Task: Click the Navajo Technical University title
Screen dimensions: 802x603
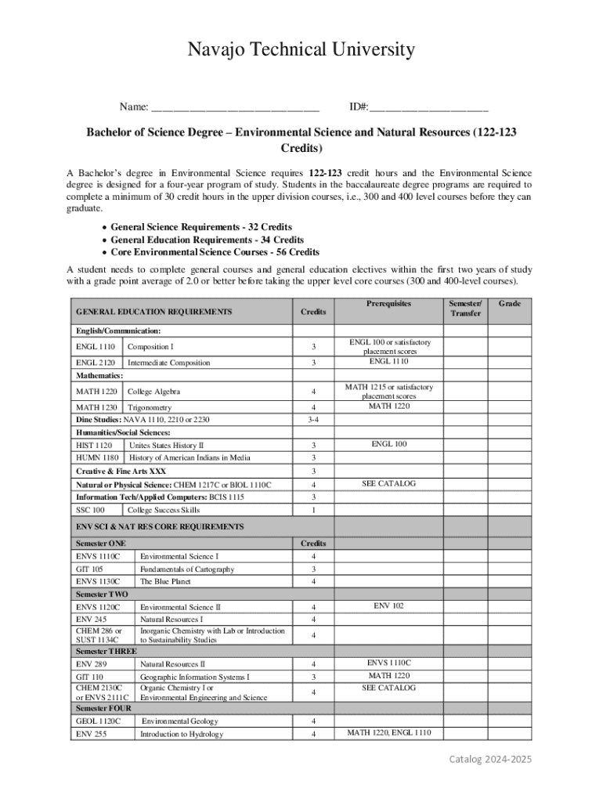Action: pyautogui.click(x=301, y=51)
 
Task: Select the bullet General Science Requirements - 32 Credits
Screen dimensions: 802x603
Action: pyautogui.click(x=201, y=227)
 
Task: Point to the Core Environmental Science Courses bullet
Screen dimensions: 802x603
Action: pyautogui.click(x=215, y=252)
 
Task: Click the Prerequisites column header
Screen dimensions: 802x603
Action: pyautogui.click(x=388, y=304)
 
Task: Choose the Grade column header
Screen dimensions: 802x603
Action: pyautogui.click(x=510, y=304)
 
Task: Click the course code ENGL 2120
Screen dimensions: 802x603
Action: pyautogui.click(x=96, y=363)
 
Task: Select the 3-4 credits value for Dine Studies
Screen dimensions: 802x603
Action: pyautogui.click(x=313, y=420)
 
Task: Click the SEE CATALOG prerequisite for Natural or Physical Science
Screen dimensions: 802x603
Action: pyautogui.click(x=388, y=484)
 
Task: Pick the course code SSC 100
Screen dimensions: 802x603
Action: pyautogui.click(x=90, y=510)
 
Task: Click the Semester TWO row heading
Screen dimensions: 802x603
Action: pyautogui.click(x=102, y=594)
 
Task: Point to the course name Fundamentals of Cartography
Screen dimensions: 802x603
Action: pyautogui.click(x=187, y=569)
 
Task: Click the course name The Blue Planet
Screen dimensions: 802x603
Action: pyautogui.click(x=165, y=582)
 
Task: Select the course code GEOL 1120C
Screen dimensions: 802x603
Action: pyautogui.click(x=98, y=721)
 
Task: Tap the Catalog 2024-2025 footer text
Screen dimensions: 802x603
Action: pyautogui.click(x=489, y=760)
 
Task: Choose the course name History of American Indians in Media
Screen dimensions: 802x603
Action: pyautogui.click(x=190, y=457)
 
